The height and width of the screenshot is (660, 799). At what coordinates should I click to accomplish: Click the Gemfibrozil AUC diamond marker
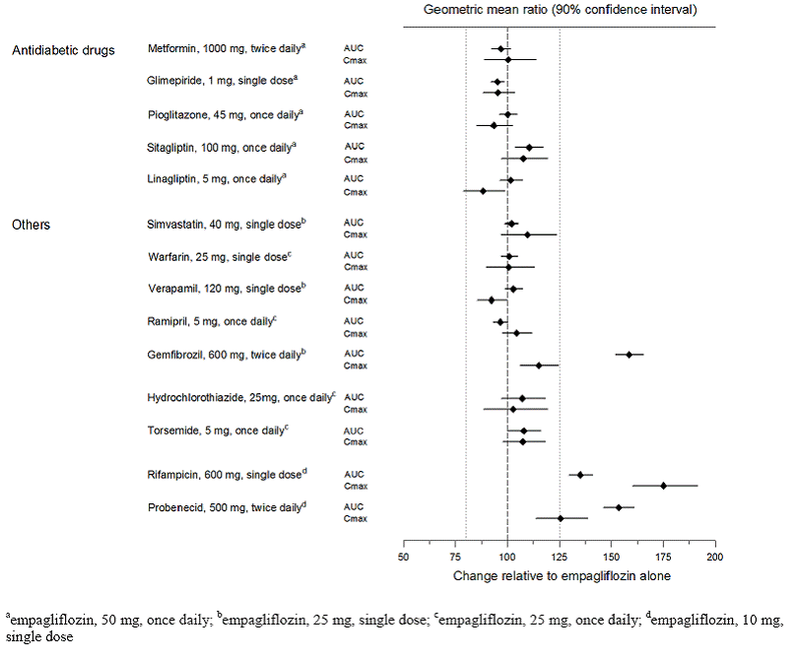coord(629,354)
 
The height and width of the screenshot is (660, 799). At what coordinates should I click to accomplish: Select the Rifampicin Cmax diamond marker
coord(663,486)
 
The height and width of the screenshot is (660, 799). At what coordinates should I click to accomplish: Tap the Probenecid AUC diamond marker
coord(619,506)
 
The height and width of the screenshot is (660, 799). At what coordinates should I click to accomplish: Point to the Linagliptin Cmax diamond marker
coord(483,191)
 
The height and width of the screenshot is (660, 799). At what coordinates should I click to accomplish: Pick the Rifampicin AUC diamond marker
coord(580,475)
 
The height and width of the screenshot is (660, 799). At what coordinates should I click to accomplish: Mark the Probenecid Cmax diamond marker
coord(561,518)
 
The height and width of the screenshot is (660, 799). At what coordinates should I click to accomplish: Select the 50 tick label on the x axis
coord(404,557)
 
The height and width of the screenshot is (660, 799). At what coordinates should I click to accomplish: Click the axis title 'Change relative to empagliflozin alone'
coord(559,575)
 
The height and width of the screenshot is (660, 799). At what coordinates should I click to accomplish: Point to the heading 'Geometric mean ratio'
coord(559,10)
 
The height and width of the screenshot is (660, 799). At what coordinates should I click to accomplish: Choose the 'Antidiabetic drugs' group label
coord(63,50)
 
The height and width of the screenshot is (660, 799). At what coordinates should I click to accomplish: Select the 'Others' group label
coord(31,225)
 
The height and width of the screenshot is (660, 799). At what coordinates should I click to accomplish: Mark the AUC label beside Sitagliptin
coord(353,147)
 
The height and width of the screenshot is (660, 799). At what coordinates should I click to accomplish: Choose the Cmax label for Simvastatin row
coord(355,235)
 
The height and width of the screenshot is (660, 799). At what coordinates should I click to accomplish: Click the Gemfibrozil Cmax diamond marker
coord(538,365)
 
